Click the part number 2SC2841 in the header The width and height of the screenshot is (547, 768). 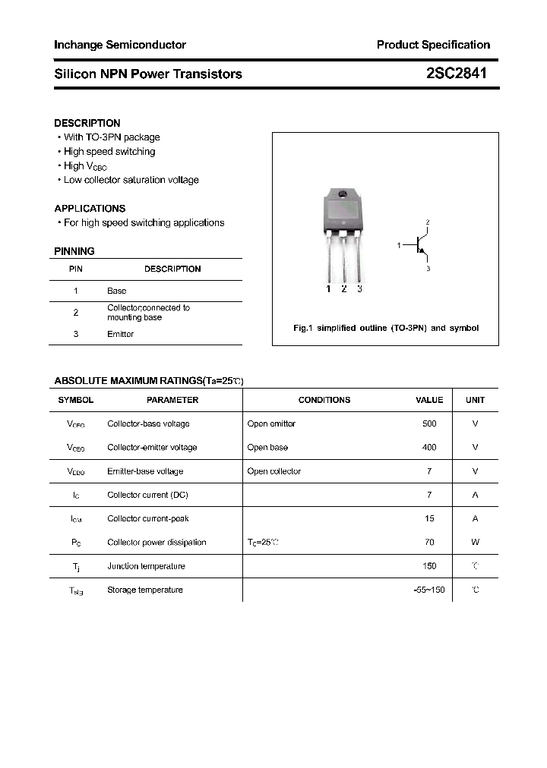click(457, 74)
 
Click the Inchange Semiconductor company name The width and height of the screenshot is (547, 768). click(120, 45)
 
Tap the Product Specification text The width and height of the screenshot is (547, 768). click(433, 45)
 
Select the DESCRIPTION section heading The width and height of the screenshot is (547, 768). click(87, 123)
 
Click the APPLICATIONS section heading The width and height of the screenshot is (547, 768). click(90, 208)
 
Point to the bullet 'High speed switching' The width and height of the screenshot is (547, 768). click(109, 152)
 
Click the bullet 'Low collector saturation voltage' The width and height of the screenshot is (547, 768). click(131, 180)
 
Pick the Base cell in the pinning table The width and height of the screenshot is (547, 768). click(117, 291)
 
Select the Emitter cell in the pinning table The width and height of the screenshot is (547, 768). click(120, 334)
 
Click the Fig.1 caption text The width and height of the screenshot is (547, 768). click(386, 328)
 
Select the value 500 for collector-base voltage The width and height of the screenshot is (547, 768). click(429, 423)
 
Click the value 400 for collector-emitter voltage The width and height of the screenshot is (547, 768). click(429, 448)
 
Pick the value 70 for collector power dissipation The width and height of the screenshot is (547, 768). click(429, 543)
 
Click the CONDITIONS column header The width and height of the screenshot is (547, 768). click(324, 400)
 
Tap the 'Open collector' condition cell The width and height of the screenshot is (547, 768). click(274, 471)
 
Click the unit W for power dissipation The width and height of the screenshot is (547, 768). click(475, 543)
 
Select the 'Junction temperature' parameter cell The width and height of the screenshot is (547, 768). click(146, 566)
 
